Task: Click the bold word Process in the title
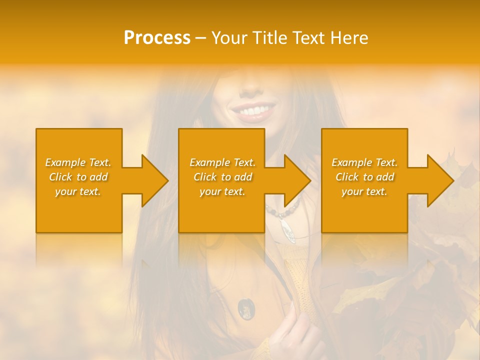(x=157, y=38)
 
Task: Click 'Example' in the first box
(x=65, y=162)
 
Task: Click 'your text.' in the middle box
(x=222, y=191)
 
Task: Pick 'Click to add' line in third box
(x=364, y=177)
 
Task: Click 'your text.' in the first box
(x=77, y=191)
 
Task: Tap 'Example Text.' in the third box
(x=364, y=162)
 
